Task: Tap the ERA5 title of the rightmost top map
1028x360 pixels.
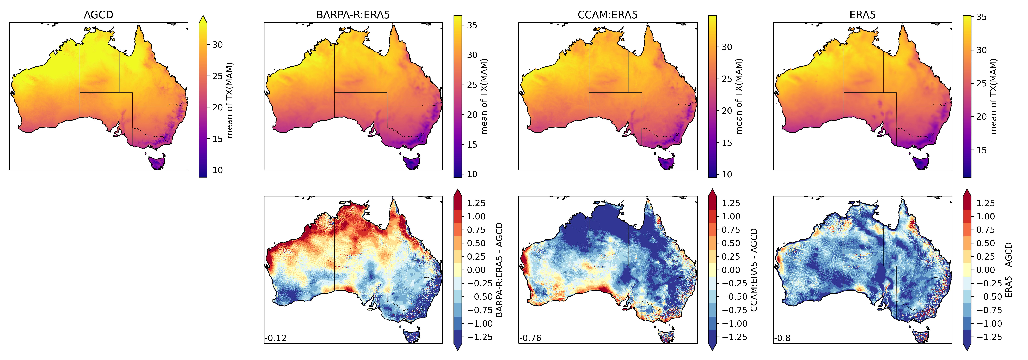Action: click(862, 15)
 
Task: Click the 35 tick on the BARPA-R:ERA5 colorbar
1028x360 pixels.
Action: click(472, 25)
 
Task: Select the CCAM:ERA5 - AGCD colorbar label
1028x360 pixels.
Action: click(754, 270)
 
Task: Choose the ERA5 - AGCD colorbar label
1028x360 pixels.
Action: click(1008, 270)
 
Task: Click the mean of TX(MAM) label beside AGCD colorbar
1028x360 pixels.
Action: click(229, 100)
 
